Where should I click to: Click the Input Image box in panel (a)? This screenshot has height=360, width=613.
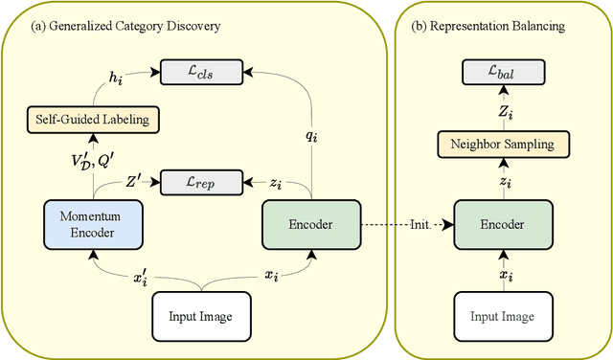(200, 317)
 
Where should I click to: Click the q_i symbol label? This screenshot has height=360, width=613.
(312, 136)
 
